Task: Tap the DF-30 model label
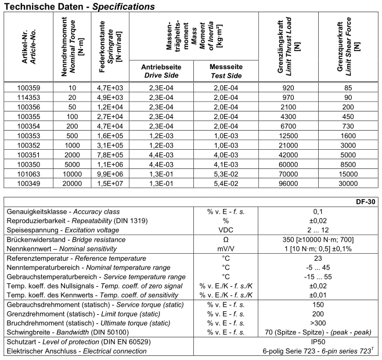[x=367, y=202]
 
